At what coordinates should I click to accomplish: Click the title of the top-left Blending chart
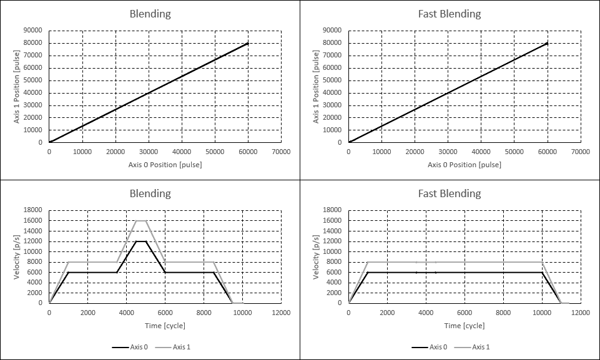click(150, 14)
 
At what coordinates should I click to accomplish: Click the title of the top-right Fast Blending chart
click(450, 14)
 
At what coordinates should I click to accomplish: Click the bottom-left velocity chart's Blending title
click(150, 193)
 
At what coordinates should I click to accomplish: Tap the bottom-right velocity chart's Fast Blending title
click(450, 193)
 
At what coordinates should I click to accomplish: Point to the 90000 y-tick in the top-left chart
click(32, 31)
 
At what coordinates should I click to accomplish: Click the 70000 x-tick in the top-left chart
click(281, 152)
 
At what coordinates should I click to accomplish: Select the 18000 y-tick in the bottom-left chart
click(32, 210)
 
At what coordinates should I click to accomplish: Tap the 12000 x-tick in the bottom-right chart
click(581, 312)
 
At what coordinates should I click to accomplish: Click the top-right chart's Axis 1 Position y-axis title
click(317, 86)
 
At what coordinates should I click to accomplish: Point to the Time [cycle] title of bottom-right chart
click(465, 326)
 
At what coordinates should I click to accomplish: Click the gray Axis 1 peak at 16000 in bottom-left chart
click(141, 220)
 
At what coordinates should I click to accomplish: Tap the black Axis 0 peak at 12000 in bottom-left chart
click(141, 241)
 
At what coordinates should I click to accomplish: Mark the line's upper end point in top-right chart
click(548, 43)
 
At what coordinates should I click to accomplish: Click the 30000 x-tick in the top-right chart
click(448, 152)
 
